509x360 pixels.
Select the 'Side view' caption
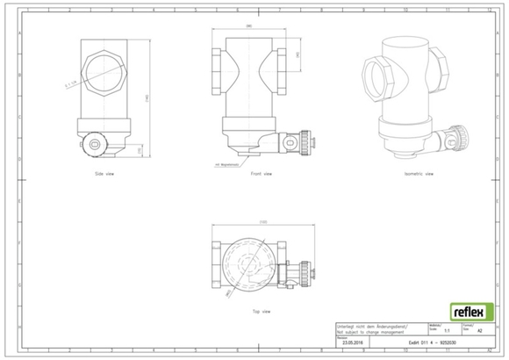tap(104, 174)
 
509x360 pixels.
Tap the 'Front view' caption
tap(261, 174)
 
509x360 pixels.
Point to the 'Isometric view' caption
tap(419, 174)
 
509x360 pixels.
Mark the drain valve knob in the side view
tap(93, 143)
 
